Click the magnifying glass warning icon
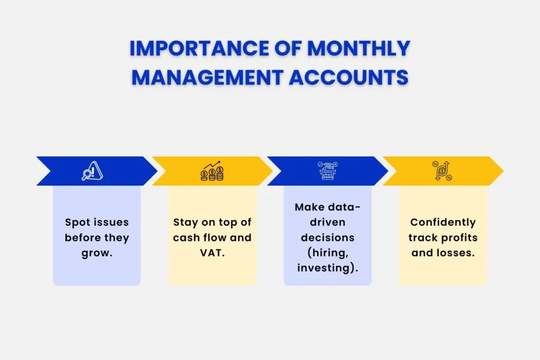click(92, 171)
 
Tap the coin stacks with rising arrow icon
click(212, 171)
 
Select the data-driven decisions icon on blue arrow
click(327, 171)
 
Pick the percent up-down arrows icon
click(442, 171)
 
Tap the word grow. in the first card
click(97, 253)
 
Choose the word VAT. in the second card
click(212, 253)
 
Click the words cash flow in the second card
click(201, 238)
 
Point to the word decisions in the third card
click(327, 237)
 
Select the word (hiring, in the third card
click(327, 252)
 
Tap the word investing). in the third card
click(327, 268)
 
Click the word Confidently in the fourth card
click(443, 222)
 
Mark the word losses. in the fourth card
click(457, 253)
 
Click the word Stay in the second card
click(185, 222)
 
